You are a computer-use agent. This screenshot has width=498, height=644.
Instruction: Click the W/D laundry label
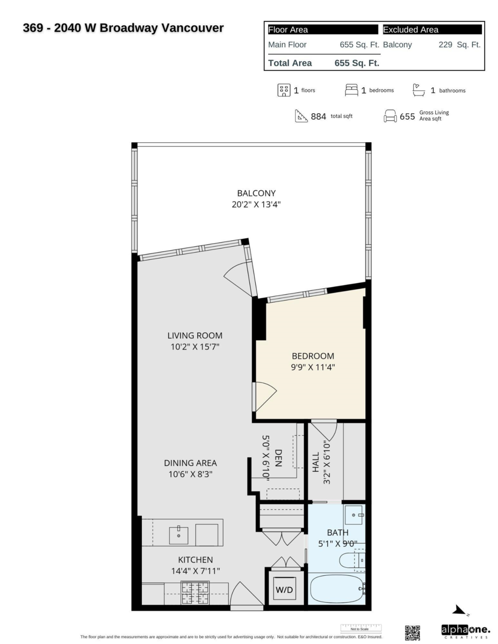coord(285,590)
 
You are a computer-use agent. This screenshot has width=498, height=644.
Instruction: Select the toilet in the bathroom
coord(352,561)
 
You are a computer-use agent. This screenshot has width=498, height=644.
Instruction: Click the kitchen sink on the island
coord(178,535)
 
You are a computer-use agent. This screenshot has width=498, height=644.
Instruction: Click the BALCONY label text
coord(256,193)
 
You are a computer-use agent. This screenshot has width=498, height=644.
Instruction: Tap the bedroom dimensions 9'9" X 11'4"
coord(313,368)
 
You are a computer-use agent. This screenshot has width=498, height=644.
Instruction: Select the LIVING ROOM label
coord(194,335)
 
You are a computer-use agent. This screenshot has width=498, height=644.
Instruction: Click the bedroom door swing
coord(264,396)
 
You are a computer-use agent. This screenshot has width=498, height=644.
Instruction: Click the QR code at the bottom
coord(412,633)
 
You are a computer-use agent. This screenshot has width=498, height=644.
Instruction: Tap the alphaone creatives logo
coord(465,630)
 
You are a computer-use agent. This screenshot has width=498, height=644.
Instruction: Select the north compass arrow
coord(460,610)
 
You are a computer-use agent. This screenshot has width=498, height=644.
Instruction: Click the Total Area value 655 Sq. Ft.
coord(357,63)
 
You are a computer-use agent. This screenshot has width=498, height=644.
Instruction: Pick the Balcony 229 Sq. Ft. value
coord(459,45)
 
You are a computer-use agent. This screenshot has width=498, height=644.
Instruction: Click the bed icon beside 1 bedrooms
coord(351,90)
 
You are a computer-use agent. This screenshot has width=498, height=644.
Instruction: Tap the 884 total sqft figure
coord(318,116)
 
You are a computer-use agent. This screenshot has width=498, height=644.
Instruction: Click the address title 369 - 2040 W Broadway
coord(123,28)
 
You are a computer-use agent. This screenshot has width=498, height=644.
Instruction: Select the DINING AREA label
coord(190,463)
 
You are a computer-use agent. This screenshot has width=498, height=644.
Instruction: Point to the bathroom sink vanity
coord(353,515)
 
